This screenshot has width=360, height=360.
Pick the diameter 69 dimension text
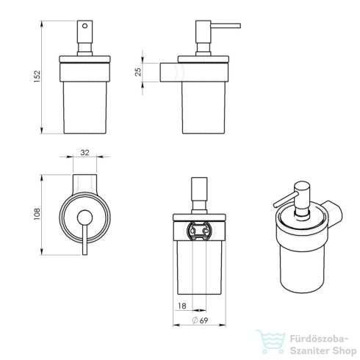point(197,320)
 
